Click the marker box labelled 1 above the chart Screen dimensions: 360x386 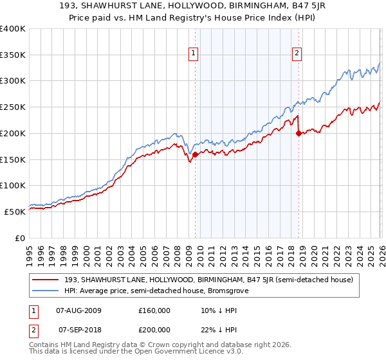[194, 54]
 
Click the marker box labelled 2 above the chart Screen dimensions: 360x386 [297, 54]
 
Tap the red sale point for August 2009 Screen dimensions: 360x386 [195, 154]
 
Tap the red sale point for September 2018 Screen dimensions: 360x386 [299, 134]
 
